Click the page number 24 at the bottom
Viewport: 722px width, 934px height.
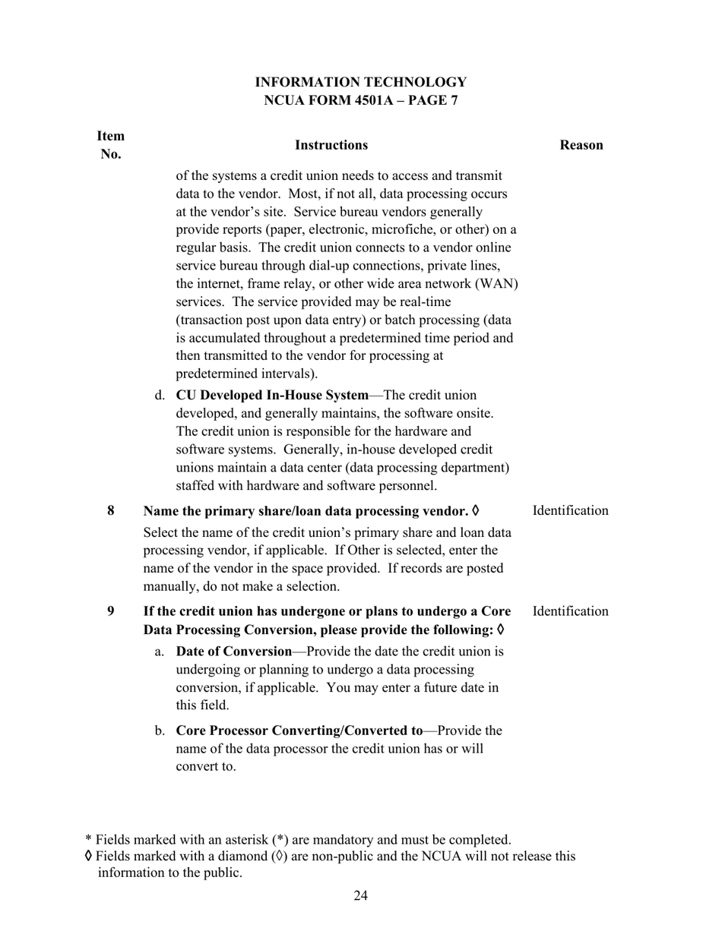tap(360, 896)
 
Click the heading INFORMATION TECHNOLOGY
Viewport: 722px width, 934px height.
tap(360, 82)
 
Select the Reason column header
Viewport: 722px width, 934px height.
tap(581, 145)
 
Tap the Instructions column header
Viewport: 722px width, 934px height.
tap(331, 145)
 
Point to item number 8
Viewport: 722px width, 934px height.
tap(111, 510)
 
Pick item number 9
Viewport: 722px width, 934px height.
tap(111, 611)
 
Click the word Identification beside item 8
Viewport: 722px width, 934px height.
tap(570, 510)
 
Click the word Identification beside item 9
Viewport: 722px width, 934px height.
tap(570, 611)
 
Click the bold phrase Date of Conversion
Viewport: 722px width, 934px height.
tap(234, 652)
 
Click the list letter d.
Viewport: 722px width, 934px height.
tap(160, 396)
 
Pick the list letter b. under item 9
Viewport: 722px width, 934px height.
tap(160, 730)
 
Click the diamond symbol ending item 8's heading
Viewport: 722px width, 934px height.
tap(476, 510)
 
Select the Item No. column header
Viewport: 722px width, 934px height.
tap(111, 145)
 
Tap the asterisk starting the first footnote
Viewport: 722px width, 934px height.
tap(88, 840)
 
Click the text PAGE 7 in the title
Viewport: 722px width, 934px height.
tap(431, 100)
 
